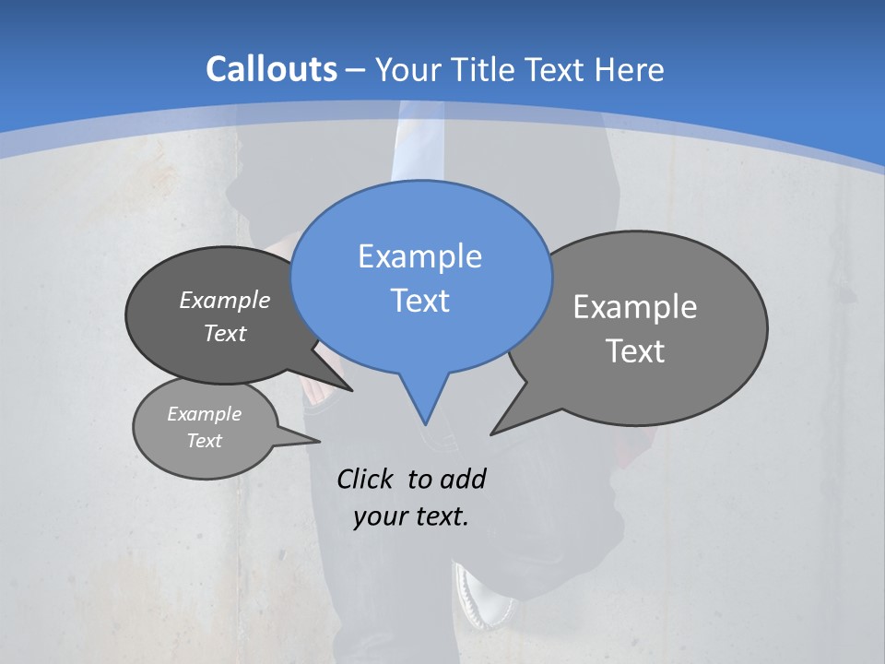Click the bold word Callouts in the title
(x=271, y=69)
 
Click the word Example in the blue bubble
(x=419, y=256)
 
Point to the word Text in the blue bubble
(x=419, y=301)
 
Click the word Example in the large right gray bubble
(x=635, y=307)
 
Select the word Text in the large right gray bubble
(x=635, y=351)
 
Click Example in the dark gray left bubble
(x=225, y=301)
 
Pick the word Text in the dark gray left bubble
(x=225, y=334)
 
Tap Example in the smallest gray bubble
(x=205, y=414)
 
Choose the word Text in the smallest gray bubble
(x=205, y=441)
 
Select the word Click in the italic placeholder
(x=367, y=479)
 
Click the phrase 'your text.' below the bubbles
(x=411, y=516)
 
